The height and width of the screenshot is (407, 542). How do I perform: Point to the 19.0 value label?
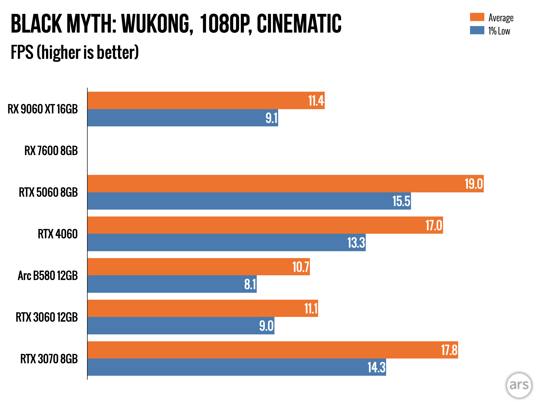tap(473, 184)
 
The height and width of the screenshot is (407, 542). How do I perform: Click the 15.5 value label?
tap(401, 201)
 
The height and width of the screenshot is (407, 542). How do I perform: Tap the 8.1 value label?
tap(250, 284)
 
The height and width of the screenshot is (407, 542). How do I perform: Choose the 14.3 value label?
tap(376, 368)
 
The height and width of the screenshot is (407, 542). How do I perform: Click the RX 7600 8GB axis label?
tap(51, 151)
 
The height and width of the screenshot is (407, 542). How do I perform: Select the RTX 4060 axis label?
tap(58, 234)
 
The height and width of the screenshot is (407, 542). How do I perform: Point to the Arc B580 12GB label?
tap(48, 276)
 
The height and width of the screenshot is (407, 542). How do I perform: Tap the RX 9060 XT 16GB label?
tap(43, 109)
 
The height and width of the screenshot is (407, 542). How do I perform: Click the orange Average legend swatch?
tap(477, 17)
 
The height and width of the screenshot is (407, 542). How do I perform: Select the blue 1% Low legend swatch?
tap(477, 30)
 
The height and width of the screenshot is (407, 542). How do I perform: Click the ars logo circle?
tap(519, 385)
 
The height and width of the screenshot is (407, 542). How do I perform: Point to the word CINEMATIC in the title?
tap(299, 24)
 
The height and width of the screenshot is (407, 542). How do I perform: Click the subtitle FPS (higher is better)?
tap(75, 52)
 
